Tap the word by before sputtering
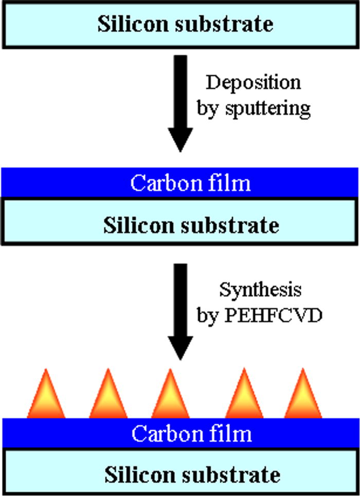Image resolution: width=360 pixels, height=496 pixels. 207,108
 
